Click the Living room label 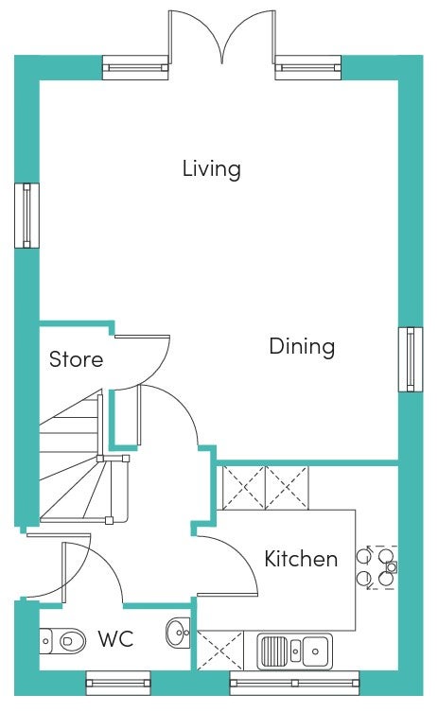(211, 169)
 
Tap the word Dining (302, 346)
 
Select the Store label (76, 359)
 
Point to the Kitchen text (301, 559)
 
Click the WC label (115, 639)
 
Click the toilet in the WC (62, 641)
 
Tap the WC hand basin (178, 632)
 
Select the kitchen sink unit (294, 652)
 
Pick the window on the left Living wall (26, 216)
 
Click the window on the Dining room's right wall (411, 359)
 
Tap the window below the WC (118, 683)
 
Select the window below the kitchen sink (294, 683)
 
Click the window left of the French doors (135, 68)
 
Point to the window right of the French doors (307, 68)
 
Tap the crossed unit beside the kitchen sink (219, 650)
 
